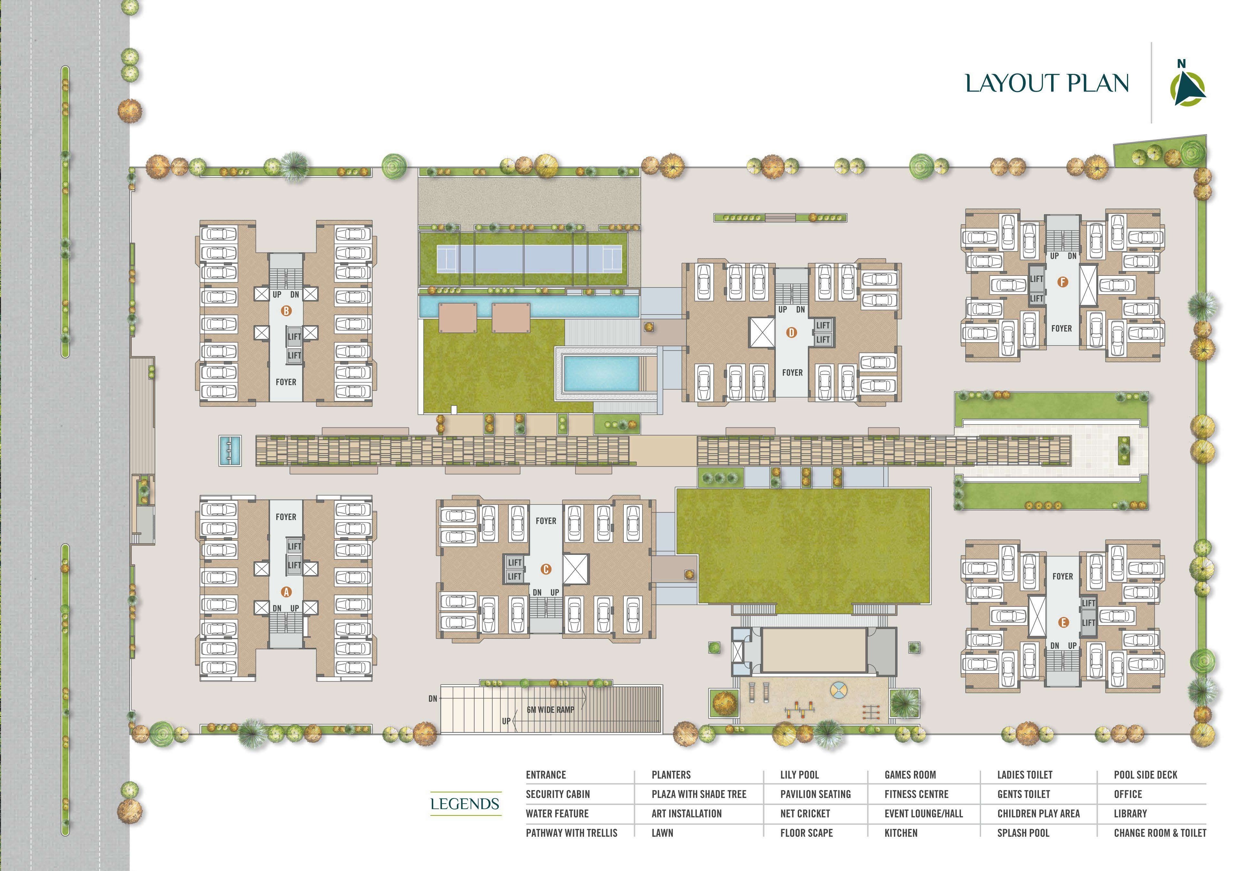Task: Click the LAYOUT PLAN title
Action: pyautogui.click(x=1047, y=83)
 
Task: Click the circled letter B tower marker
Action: pyautogui.click(x=286, y=311)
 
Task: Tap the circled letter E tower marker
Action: pyautogui.click(x=1062, y=622)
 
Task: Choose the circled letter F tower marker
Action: pyautogui.click(x=1062, y=282)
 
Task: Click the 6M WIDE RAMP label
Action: pyautogui.click(x=550, y=709)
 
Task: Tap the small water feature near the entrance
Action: pyautogui.click(x=230, y=450)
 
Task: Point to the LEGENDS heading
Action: pyautogui.click(x=465, y=804)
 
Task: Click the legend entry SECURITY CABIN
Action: pyautogui.click(x=558, y=794)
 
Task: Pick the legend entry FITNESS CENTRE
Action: pyautogui.click(x=917, y=794)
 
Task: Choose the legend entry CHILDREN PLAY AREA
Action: pyautogui.click(x=1038, y=814)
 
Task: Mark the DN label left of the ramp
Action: pyautogui.click(x=433, y=698)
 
